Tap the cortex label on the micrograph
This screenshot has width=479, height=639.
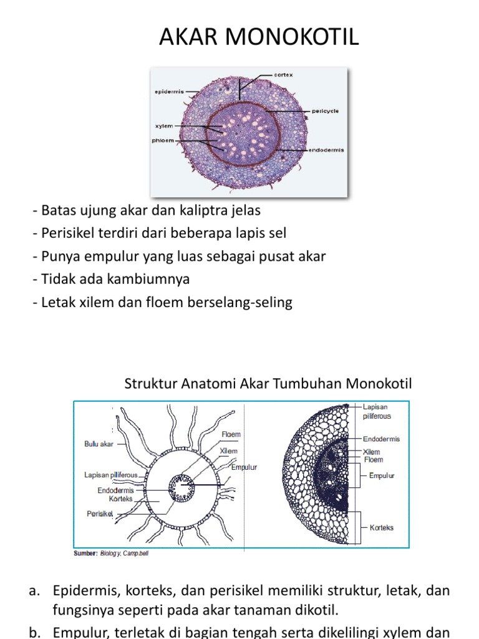click(283, 75)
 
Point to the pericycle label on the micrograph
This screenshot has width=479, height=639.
click(325, 110)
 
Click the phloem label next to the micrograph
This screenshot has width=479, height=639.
click(163, 140)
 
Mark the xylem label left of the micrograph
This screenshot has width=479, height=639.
click(164, 126)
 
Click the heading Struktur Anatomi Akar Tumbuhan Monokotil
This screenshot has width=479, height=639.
click(268, 383)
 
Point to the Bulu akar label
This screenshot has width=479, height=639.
click(99, 444)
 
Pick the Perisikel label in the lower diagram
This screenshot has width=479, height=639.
click(100, 514)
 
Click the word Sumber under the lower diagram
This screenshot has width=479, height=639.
click(85, 553)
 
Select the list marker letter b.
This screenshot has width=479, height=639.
click(35, 632)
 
